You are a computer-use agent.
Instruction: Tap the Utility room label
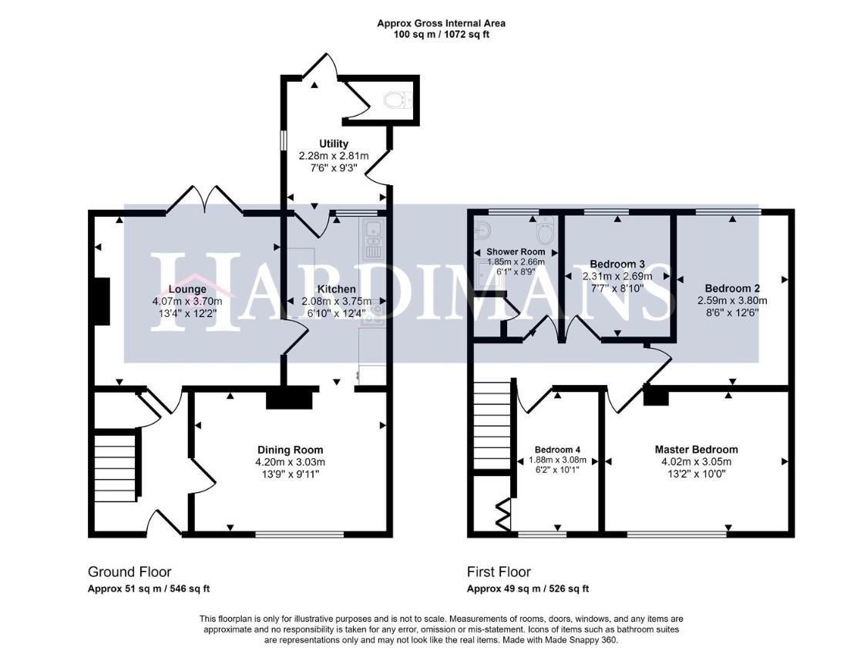pos(334,143)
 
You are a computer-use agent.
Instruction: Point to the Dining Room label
pos(290,450)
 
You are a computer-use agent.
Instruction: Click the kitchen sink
pos(373,229)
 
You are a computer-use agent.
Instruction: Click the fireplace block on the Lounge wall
pos(100,301)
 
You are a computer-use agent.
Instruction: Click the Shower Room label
pos(515,251)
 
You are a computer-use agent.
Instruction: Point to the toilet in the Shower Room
pos(545,229)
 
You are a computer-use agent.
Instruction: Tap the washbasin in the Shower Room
pos(482,230)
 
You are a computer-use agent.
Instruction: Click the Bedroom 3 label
pos(617,263)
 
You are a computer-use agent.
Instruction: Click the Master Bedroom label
pos(696,450)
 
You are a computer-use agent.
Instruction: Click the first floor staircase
pos(492,424)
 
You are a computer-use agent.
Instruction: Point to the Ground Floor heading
pos(129,572)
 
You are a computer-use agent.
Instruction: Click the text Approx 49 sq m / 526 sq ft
pos(528,589)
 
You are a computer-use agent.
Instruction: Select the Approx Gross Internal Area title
pos(441,23)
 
